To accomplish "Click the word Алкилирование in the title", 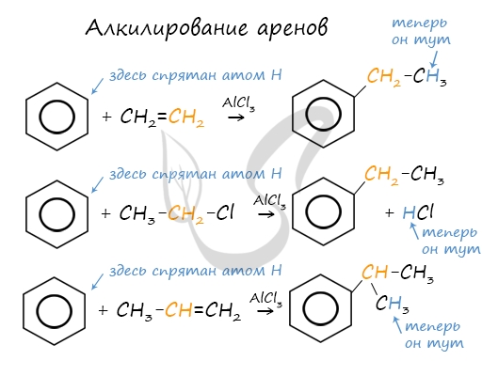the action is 167,28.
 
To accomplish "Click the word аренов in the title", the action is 292,29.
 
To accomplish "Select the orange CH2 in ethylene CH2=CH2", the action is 186,117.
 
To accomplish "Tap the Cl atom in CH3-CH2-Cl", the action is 225,212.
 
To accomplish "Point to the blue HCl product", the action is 418,212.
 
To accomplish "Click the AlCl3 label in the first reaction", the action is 238,104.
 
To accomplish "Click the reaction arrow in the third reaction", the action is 265,311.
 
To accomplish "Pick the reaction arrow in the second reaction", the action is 266,214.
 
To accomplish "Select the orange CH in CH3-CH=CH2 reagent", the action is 179,309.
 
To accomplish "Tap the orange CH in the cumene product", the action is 375,272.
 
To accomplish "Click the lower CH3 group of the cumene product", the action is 393,304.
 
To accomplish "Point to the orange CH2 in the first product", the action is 384,77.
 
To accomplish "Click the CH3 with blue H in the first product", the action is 430,76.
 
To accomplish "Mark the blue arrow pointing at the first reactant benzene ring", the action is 97,86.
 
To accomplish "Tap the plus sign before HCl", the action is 390,212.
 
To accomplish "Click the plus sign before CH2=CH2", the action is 107,117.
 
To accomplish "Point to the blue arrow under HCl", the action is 414,231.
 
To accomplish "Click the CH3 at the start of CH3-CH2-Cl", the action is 137,212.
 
